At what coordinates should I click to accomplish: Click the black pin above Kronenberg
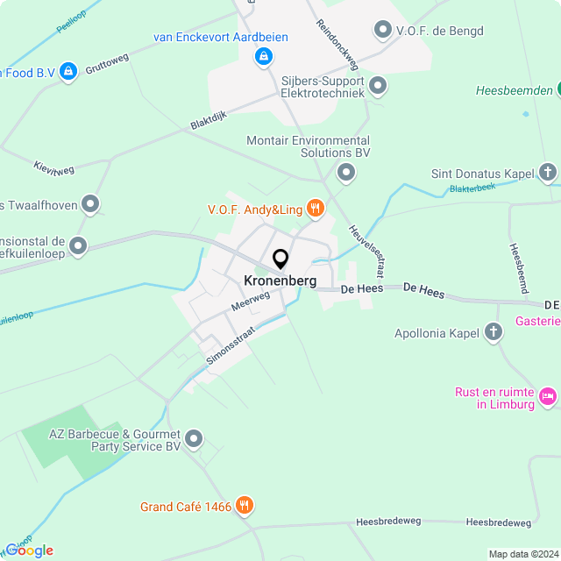(x=280, y=259)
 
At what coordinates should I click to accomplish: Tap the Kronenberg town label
(x=280, y=281)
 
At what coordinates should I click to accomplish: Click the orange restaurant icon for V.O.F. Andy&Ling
(x=316, y=209)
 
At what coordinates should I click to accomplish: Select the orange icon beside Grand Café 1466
(x=245, y=506)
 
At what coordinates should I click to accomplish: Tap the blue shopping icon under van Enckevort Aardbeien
(x=262, y=57)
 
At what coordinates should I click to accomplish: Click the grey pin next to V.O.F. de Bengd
(x=382, y=32)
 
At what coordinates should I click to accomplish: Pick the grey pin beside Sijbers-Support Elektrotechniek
(x=378, y=86)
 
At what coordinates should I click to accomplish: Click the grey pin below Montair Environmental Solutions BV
(x=346, y=173)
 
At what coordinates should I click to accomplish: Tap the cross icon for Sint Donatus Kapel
(x=549, y=173)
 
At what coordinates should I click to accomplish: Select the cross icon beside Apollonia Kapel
(x=494, y=332)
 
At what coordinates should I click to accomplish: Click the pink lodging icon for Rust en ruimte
(x=548, y=397)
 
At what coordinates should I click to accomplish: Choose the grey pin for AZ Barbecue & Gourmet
(x=194, y=437)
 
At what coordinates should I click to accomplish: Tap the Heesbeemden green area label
(x=515, y=90)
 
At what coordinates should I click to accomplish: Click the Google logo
(x=29, y=550)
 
